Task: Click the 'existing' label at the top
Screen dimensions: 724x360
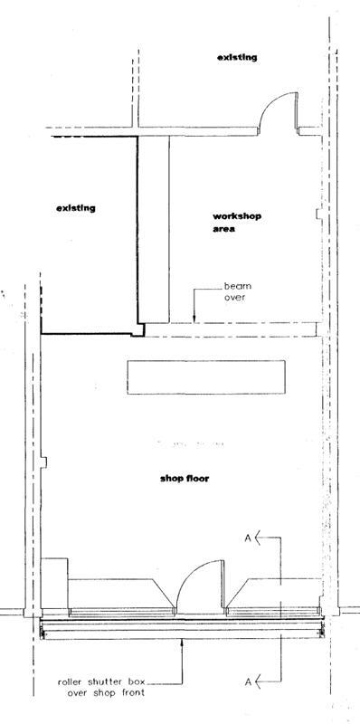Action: [237, 57]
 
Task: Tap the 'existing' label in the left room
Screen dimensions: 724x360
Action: [76, 208]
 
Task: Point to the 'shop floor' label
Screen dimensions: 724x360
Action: [184, 478]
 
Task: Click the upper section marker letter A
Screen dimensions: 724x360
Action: [247, 539]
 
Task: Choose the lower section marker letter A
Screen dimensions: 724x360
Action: [247, 678]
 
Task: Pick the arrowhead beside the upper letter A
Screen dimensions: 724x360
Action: [259, 539]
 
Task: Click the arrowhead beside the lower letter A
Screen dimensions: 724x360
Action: [259, 678]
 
